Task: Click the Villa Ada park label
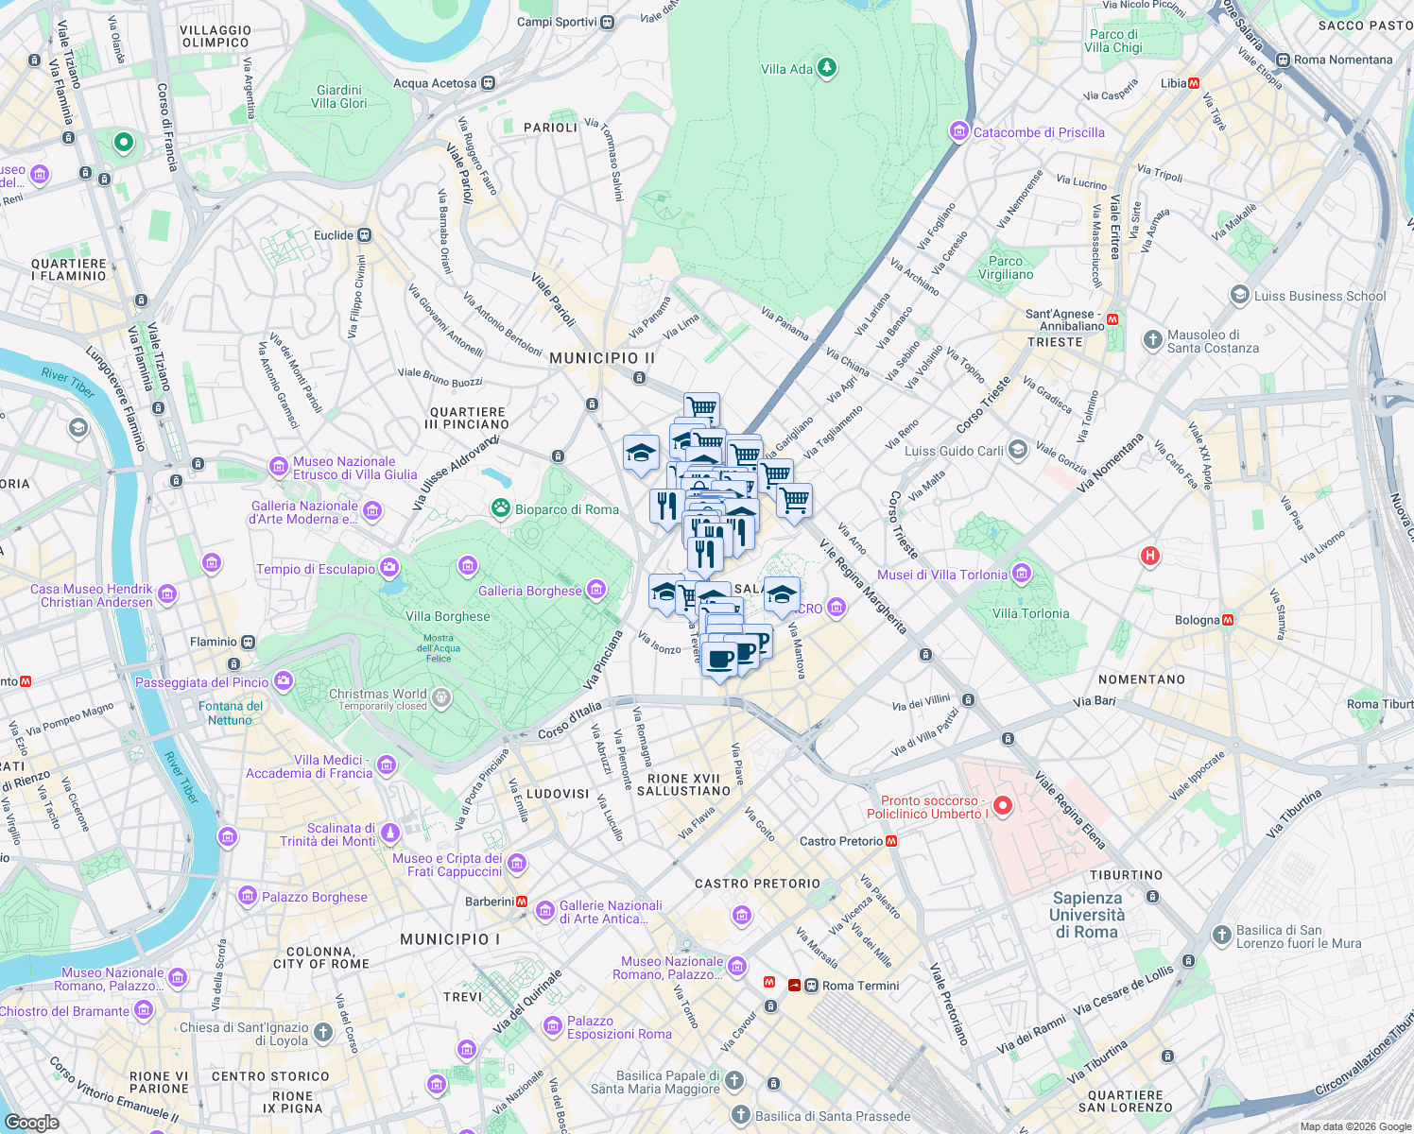786,69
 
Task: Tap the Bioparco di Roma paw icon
500,509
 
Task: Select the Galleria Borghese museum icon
595,591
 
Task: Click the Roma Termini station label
860,986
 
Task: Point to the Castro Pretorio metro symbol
891,841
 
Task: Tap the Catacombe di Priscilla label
1038,132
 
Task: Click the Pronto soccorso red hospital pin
1003,806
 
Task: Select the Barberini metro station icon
522,902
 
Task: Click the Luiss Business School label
1319,296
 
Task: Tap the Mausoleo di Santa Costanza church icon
1152,340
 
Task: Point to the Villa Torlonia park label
1030,613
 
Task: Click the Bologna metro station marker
1228,620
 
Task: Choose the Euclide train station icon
365,235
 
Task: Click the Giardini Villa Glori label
338,96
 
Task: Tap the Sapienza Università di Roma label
1087,915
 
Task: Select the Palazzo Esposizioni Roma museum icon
553,1027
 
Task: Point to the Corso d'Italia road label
569,721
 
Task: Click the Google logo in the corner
31,1122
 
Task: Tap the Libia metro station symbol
1194,83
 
